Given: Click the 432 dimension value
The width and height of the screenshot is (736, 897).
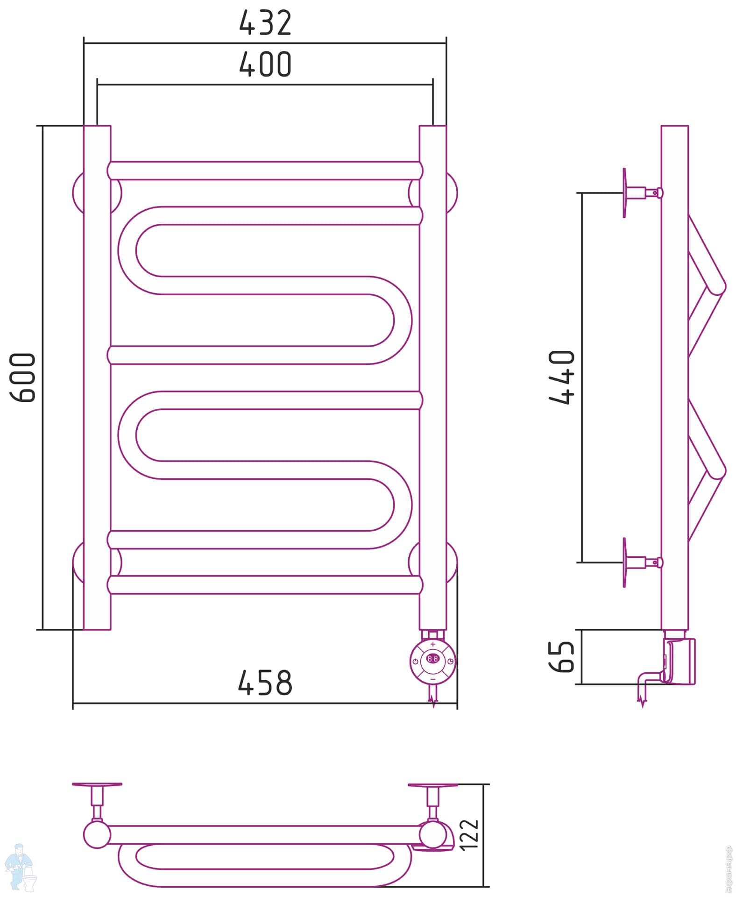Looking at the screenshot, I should (x=265, y=23).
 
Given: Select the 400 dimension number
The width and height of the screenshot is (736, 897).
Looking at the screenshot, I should (x=265, y=64).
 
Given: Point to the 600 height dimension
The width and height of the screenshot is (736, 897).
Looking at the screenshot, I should (x=23, y=377).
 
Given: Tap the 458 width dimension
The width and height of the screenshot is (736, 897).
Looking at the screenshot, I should (x=265, y=683).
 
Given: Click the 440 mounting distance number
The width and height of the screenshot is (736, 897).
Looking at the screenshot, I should (x=562, y=377).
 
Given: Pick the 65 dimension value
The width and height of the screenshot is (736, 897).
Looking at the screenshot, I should (x=562, y=657).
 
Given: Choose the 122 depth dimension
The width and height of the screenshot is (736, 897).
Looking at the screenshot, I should (x=469, y=834).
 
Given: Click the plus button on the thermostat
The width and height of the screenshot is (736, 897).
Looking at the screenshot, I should (x=433, y=644).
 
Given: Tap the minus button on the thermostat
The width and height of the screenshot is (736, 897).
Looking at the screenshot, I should (x=433, y=678).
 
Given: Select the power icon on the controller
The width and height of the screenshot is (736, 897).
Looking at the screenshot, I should (x=415, y=662).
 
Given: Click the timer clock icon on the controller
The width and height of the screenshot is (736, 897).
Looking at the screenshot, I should (x=450, y=662).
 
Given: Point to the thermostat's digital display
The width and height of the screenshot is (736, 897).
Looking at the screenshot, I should (x=433, y=659).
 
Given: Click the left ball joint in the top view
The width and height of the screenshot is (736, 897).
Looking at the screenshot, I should (x=97, y=835).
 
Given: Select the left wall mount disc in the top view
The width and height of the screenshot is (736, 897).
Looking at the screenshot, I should (x=97, y=784).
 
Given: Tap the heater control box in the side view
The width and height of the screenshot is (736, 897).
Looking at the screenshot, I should (x=681, y=661).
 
